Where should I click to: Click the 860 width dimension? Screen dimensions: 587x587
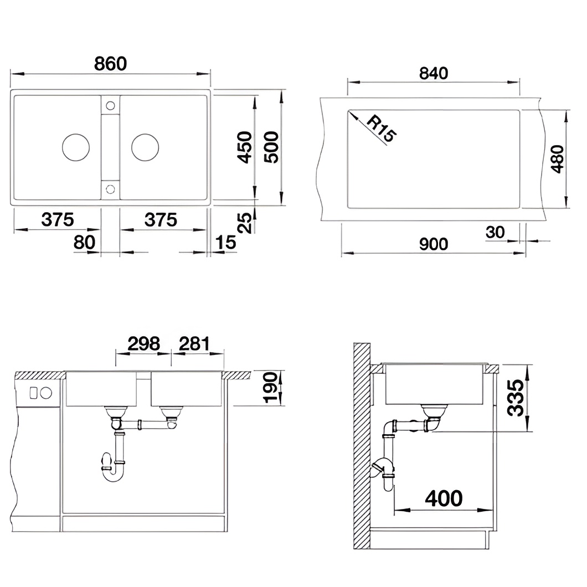[x=110, y=64]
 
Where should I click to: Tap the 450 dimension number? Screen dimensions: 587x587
[x=245, y=147]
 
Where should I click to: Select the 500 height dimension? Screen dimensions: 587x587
[x=271, y=147]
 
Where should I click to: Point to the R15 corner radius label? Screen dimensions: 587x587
[x=381, y=129]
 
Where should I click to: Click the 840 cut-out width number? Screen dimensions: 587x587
[x=434, y=73]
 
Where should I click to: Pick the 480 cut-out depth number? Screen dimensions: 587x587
[x=557, y=159]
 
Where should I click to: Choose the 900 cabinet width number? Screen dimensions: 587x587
[x=434, y=244]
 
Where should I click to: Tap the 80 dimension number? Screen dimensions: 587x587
[x=84, y=242]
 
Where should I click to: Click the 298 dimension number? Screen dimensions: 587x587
[x=144, y=344]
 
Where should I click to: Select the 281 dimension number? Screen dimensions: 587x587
[x=194, y=344]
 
